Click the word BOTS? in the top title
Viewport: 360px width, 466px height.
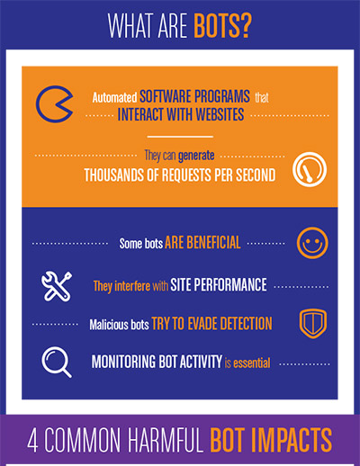222,25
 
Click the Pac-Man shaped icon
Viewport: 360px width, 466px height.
54,104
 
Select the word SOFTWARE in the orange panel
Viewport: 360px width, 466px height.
166,96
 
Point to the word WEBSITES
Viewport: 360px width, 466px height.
220,114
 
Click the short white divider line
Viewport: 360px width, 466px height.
180,137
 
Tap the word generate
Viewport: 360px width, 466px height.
196,156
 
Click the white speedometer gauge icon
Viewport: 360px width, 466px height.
310,169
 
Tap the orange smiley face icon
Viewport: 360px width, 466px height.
312,243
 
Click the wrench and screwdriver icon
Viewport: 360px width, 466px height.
57,286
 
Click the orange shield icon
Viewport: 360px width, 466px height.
313,324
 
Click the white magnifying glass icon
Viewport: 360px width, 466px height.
57,362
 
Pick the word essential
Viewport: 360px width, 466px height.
252,363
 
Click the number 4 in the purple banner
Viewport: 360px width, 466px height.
32,440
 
